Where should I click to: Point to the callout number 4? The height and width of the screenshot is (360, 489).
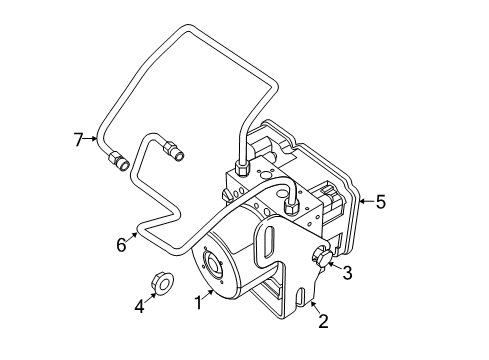click(x=140, y=307)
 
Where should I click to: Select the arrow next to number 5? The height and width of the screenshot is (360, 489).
click(x=365, y=201)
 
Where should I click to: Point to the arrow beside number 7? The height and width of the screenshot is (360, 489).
click(x=95, y=139)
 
